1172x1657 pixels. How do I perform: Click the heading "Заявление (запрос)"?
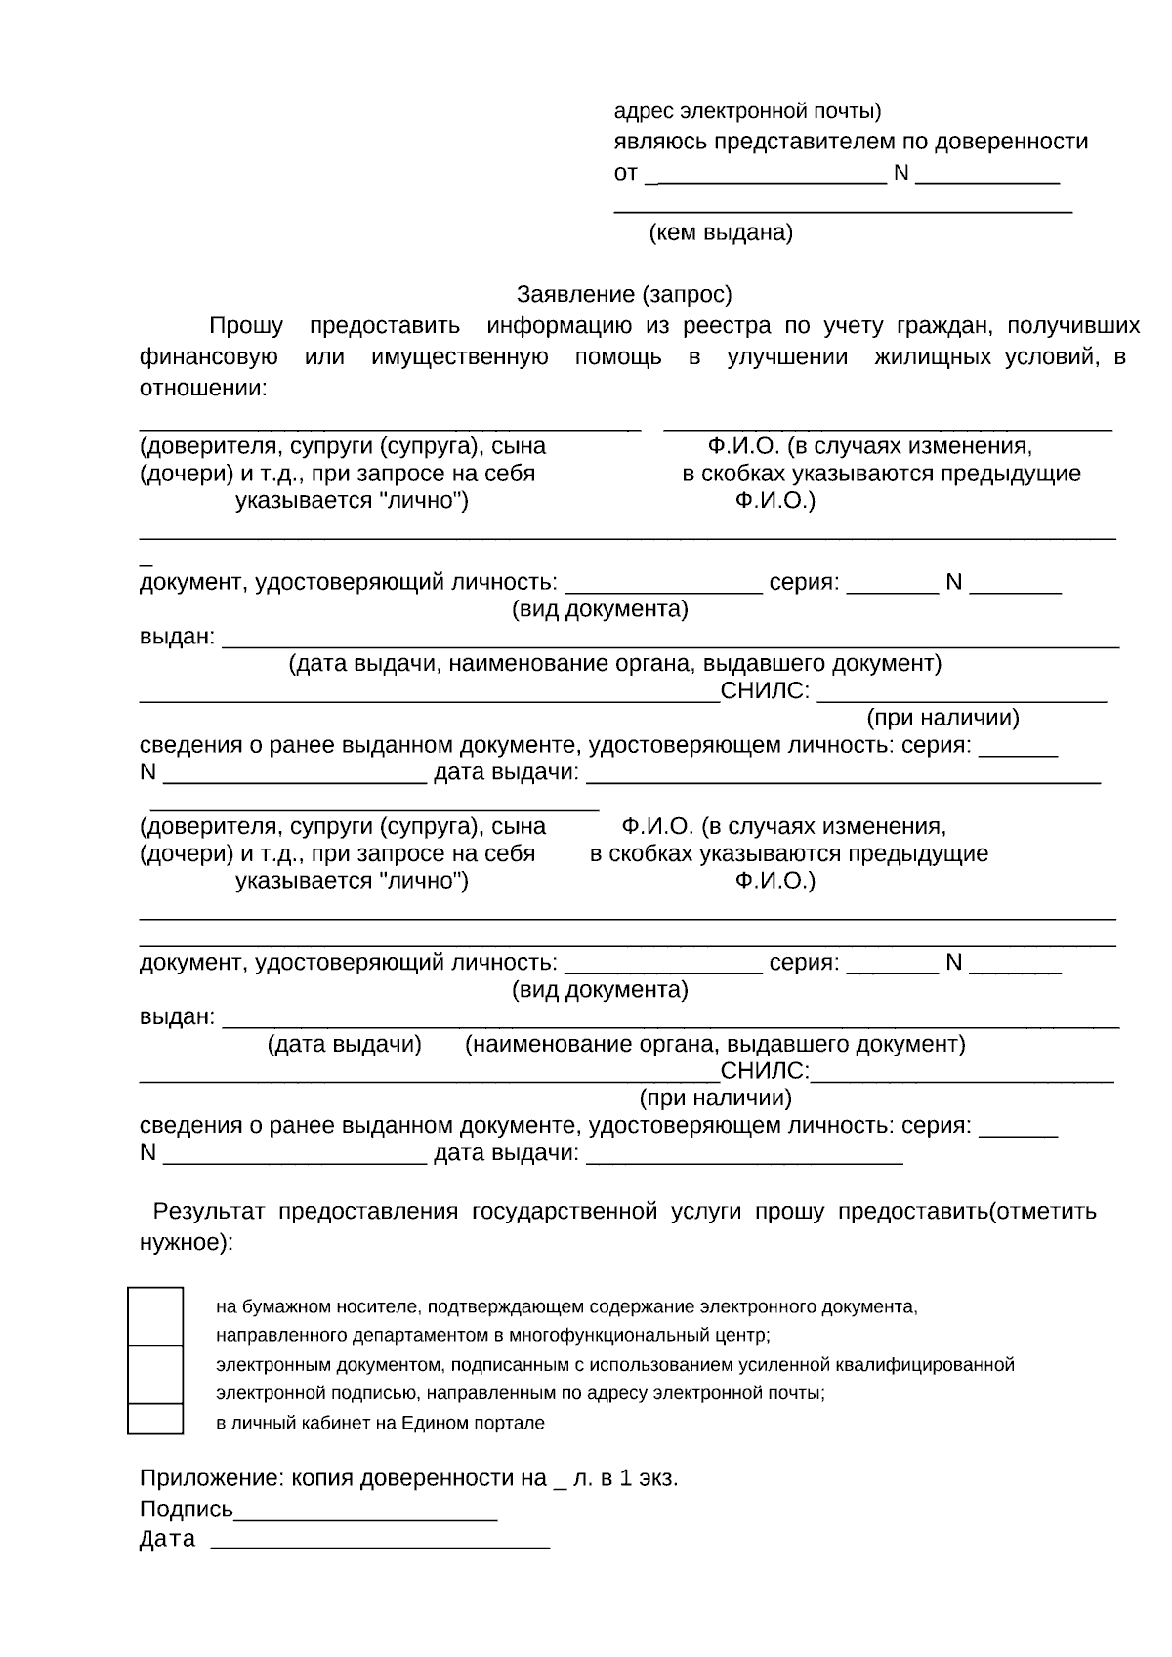(x=623, y=295)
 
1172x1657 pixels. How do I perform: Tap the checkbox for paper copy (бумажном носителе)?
(x=155, y=1316)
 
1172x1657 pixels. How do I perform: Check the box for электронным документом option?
(x=155, y=1375)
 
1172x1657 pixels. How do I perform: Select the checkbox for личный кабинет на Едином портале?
(x=155, y=1419)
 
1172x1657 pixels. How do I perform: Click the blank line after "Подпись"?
(x=366, y=1511)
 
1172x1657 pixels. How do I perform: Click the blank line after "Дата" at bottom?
(x=381, y=1540)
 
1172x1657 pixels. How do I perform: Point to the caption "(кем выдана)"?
(x=721, y=233)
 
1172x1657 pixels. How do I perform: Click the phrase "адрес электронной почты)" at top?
(x=747, y=111)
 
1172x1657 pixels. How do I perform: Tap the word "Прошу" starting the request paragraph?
(x=246, y=326)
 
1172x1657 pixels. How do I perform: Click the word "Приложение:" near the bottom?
(x=198, y=1478)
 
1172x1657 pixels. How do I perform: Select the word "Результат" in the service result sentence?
(x=209, y=1213)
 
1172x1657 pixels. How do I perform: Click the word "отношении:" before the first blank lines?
(x=202, y=389)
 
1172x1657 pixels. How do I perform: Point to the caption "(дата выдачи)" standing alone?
(x=345, y=1045)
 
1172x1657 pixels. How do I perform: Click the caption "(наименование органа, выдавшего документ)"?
(x=715, y=1045)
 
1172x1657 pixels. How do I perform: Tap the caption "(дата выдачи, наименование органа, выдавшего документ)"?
(x=614, y=664)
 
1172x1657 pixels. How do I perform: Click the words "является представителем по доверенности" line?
(x=850, y=143)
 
